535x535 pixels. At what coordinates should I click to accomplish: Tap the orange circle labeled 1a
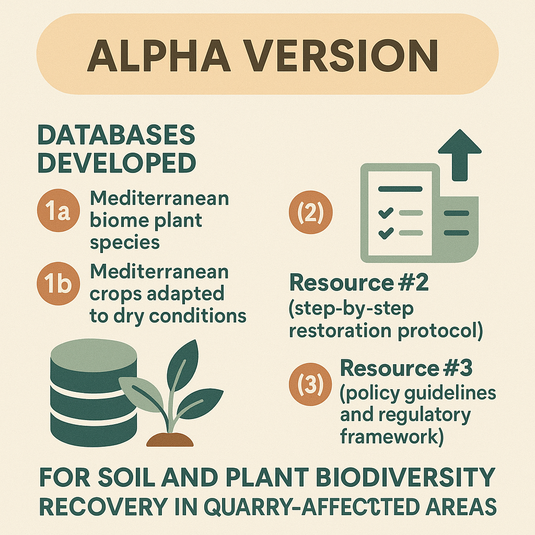point(59,211)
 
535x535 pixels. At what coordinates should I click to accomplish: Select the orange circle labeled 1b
point(59,284)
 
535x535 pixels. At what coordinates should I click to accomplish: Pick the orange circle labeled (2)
point(310,212)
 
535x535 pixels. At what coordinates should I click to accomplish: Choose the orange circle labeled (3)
point(310,384)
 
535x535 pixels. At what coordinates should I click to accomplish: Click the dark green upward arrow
point(460,155)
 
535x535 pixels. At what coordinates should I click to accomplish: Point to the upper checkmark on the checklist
point(386,213)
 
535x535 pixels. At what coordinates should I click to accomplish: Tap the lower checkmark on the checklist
point(386,233)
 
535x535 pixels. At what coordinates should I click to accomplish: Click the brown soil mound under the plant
point(170,440)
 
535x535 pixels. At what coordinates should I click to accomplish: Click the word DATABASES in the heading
point(117,135)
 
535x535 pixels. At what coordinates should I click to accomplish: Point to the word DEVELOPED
point(117,163)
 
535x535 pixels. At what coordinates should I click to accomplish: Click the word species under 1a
point(124,243)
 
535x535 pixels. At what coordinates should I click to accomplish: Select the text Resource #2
point(358,283)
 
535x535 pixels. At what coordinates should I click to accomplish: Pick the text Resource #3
point(406,368)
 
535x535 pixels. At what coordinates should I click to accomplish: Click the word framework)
point(392,436)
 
